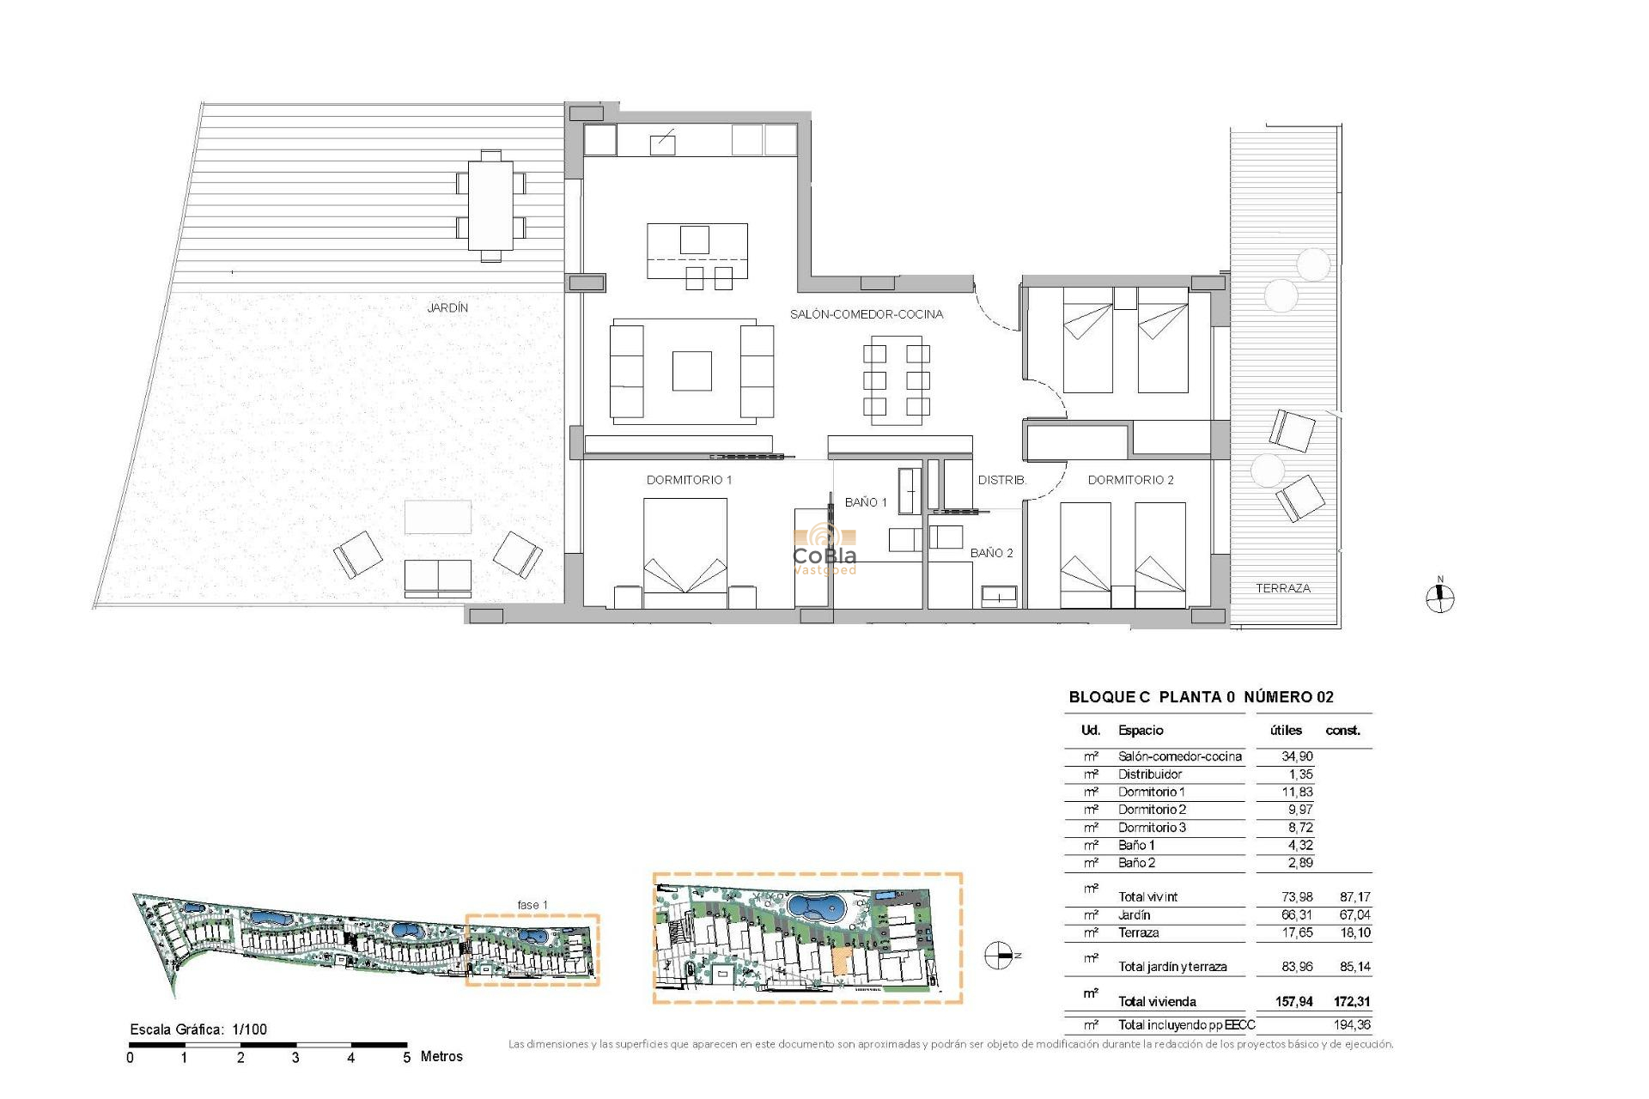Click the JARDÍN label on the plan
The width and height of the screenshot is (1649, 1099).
coord(447,307)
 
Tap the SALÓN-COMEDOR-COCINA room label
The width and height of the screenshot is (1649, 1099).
coord(866,314)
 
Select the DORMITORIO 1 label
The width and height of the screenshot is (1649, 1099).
coord(689,480)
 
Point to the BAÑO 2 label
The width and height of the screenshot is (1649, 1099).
coord(991,553)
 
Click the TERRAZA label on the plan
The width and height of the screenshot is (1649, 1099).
coord(1282,588)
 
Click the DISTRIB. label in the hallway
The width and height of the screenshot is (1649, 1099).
coord(1001,480)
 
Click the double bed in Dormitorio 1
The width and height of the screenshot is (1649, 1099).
coord(685,549)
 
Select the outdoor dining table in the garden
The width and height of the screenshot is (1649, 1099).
coord(490,206)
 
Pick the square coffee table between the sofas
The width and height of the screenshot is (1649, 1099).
coord(691,371)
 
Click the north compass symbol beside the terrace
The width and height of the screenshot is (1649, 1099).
coord(1439,598)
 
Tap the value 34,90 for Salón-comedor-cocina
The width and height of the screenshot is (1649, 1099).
coord(1296,756)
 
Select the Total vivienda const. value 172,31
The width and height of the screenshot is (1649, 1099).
coord(1352,1001)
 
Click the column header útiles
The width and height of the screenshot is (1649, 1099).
coord(1286,731)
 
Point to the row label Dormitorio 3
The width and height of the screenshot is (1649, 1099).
coord(1152,828)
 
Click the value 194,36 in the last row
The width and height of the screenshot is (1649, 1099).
coord(1352,1024)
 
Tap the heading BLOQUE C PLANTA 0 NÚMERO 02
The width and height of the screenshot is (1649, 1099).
coord(1201,697)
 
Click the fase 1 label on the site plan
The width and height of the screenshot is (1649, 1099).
coord(532,905)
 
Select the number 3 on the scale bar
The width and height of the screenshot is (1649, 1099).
coord(295,1058)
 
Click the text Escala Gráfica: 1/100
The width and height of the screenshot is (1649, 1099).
coord(198,1029)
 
